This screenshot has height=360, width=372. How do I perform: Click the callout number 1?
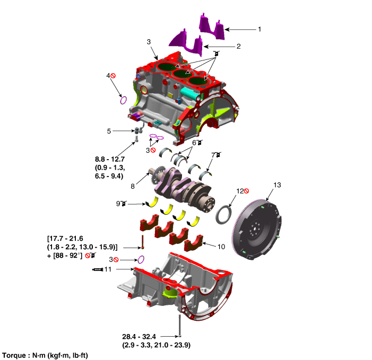click(x=259, y=29)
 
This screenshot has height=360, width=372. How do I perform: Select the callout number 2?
click(x=239, y=46)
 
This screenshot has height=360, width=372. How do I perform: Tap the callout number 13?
click(x=277, y=185)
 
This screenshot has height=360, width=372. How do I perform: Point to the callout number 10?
click(x=221, y=247)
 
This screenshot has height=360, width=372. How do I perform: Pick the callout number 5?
click(x=109, y=131)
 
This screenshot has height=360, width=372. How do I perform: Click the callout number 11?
click(x=108, y=269)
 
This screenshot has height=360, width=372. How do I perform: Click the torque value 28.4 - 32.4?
click(x=139, y=337)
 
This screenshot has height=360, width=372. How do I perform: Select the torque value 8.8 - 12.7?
click(x=110, y=159)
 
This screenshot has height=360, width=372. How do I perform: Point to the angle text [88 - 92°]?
click(x=67, y=256)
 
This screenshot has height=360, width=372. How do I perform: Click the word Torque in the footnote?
click(x=14, y=356)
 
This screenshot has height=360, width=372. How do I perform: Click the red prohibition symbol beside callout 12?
click(x=247, y=191)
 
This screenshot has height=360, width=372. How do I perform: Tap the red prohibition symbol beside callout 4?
click(x=113, y=76)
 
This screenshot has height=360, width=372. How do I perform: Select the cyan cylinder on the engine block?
click(x=191, y=94)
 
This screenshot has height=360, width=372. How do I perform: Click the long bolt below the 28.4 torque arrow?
click(x=179, y=326)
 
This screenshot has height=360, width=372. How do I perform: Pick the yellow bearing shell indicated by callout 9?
click(x=152, y=202)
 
